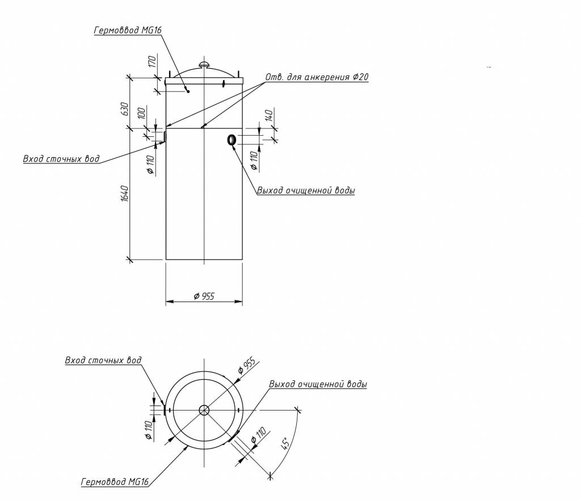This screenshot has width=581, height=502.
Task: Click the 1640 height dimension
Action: pyautogui.click(x=125, y=194)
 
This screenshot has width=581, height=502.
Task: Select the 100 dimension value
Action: pyautogui.click(x=141, y=112)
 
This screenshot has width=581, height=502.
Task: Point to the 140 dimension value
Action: pyautogui.click(x=270, y=115)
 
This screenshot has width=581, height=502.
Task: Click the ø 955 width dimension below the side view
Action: pyautogui.click(x=204, y=296)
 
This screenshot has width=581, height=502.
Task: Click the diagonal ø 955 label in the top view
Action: pyautogui.click(x=247, y=366)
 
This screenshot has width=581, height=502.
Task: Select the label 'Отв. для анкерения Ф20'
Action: pyautogui.click(x=317, y=77)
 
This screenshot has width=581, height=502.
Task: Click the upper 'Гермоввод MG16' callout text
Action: pyautogui.click(x=128, y=30)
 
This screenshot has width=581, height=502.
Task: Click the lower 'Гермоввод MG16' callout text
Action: pyautogui.click(x=115, y=482)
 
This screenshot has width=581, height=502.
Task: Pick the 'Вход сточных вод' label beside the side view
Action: pyautogui.click(x=61, y=158)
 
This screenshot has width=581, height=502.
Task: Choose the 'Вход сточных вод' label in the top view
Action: pyautogui.click(x=103, y=361)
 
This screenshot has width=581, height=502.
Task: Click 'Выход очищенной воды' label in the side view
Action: pyautogui.click(x=306, y=191)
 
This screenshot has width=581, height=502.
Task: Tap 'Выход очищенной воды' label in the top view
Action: pyautogui.click(x=318, y=384)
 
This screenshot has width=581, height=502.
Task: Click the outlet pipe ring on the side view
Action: pyautogui.click(x=231, y=140)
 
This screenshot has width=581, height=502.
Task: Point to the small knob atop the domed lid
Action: pyautogui.click(x=204, y=65)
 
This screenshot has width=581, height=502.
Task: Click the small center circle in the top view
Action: pyautogui.click(x=204, y=410)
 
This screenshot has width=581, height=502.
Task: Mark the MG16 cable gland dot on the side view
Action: pyautogui.click(x=188, y=91)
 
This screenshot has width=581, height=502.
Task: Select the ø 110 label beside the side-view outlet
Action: pyautogui.click(x=254, y=161)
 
